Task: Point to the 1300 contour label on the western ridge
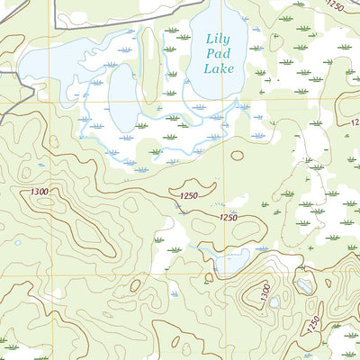40,191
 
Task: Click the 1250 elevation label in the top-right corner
335,6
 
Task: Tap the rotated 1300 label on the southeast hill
262,291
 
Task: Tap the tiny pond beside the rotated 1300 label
274,303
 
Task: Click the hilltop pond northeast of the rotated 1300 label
304,286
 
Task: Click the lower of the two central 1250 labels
229,218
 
